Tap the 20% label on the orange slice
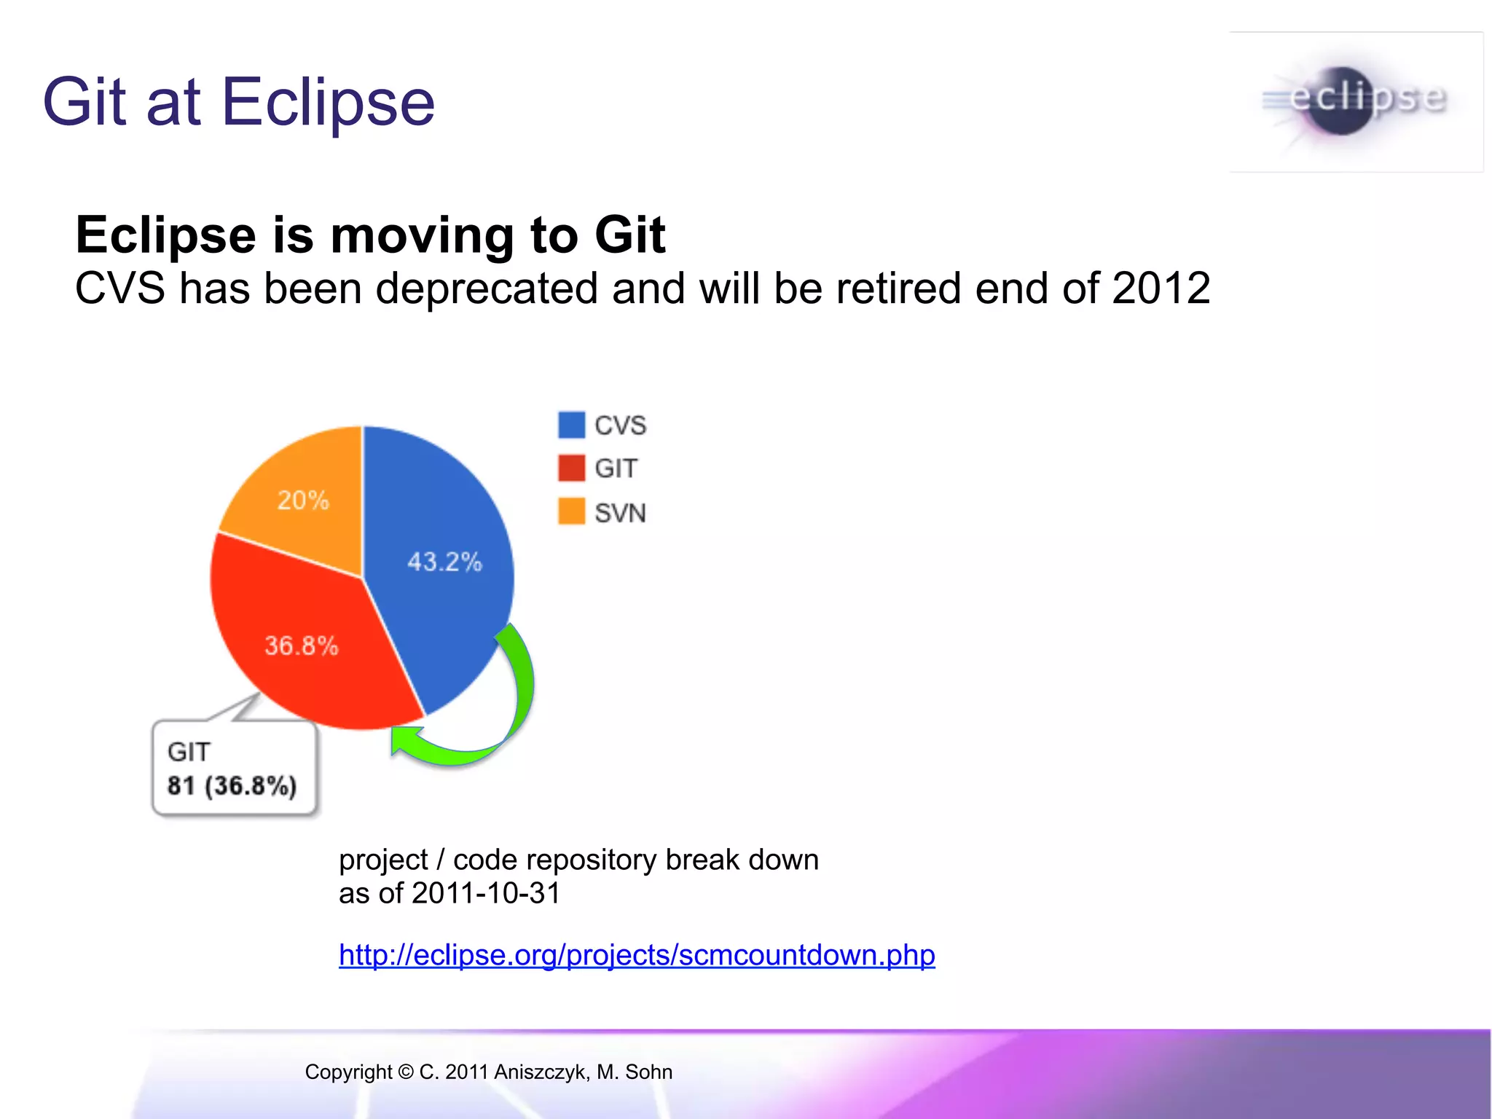tap(303, 500)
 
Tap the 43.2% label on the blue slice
tap(444, 562)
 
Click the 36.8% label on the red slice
tap(301, 645)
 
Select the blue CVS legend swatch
tap(571, 425)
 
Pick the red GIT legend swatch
tap(571, 468)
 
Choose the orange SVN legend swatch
tap(571, 511)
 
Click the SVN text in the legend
tap(620, 513)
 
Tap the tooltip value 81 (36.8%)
tap(232, 786)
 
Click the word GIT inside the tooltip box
tap(189, 752)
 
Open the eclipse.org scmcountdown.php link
tap(637, 955)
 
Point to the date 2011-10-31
tap(486, 893)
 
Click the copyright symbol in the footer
tap(406, 1072)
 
